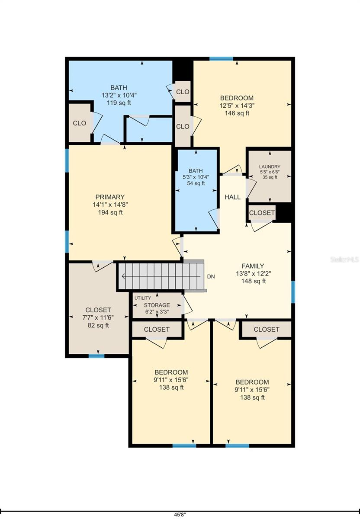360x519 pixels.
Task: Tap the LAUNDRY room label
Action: click(270, 167)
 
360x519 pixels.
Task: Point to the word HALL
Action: click(232, 197)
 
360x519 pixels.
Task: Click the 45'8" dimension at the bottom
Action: click(180, 515)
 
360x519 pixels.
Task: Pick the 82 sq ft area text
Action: click(98, 325)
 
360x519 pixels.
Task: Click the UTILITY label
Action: click(142, 298)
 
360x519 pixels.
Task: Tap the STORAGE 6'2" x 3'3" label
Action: click(157, 308)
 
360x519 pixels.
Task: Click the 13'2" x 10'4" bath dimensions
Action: click(119, 95)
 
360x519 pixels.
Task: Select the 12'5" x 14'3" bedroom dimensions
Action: click(237, 106)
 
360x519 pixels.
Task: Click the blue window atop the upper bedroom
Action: click(221, 59)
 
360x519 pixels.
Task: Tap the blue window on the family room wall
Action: click(293, 292)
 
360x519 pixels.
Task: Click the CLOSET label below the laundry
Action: click(262, 213)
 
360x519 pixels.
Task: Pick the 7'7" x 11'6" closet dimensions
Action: click(98, 317)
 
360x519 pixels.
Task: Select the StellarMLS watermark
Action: click(345, 259)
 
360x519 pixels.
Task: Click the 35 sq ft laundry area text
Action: click(270, 177)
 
